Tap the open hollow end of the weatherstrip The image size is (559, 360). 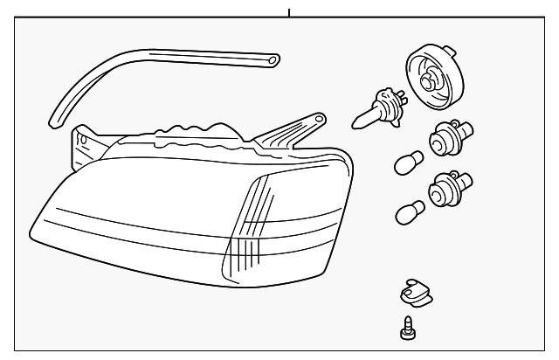(x=273, y=60)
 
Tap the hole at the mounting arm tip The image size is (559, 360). (x=318, y=117)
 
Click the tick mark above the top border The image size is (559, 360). (x=287, y=12)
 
